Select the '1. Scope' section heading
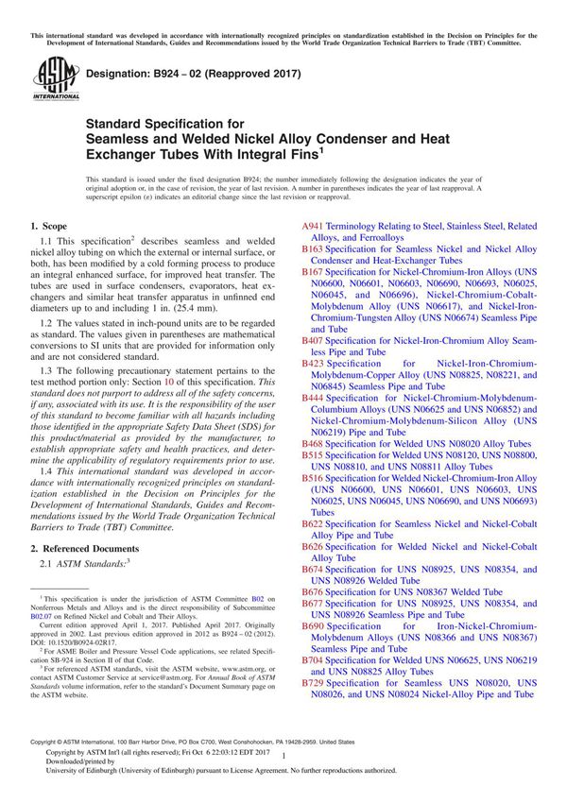(48, 227)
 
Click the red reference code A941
(312, 227)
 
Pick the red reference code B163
(312, 249)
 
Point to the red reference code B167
(312, 272)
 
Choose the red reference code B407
(312, 340)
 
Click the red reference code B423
(312, 363)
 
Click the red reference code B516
(312, 479)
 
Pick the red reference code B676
(312, 591)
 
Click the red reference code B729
(312, 682)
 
